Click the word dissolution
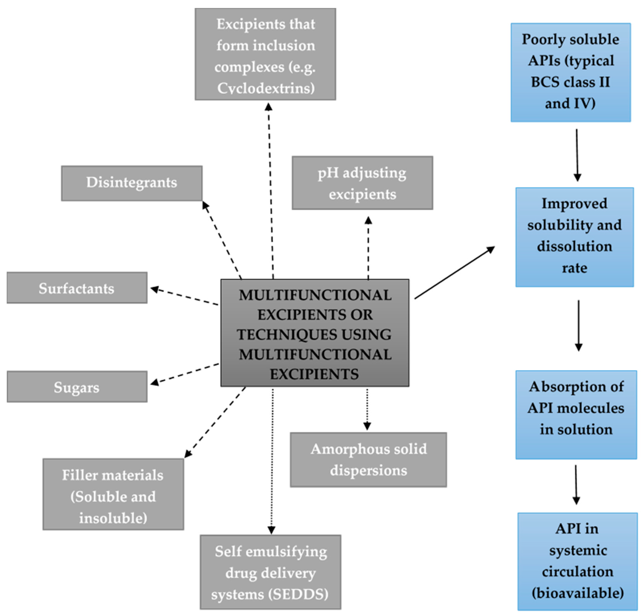coord(574,246)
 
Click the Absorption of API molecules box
coord(576,414)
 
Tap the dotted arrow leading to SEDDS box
coord(272,459)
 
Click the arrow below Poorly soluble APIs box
coord(577,155)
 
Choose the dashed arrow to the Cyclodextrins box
coord(270,190)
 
